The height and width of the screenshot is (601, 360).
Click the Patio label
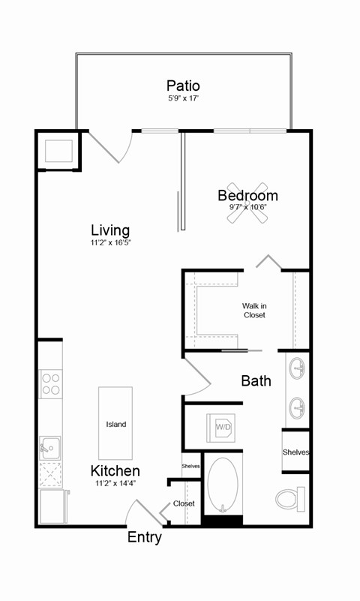pyautogui.click(x=183, y=86)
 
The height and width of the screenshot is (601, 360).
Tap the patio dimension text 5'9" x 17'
pyautogui.click(x=183, y=99)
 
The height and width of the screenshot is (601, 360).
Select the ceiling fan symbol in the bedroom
pyautogui.click(x=247, y=203)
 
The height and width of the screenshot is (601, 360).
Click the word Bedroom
pyautogui.click(x=247, y=196)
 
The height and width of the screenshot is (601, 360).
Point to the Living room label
pyautogui.click(x=110, y=230)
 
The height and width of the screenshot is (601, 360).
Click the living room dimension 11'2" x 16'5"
pyautogui.click(x=110, y=243)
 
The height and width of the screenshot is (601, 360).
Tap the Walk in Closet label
pyautogui.click(x=253, y=311)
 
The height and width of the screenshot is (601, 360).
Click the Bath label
pyautogui.click(x=256, y=381)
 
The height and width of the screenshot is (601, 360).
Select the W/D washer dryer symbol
pyautogui.click(x=223, y=428)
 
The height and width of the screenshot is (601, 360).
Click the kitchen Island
pyautogui.click(x=115, y=424)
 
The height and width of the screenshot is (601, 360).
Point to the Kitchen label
pyautogui.click(x=115, y=471)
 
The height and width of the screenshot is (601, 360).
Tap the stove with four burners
pyautogui.click(x=51, y=384)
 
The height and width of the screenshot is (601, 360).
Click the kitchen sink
pyautogui.click(x=49, y=449)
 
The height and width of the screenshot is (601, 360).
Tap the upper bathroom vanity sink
pyautogui.click(x=297, y=369)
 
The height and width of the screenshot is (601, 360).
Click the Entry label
pyautogui.click(x=144, y=537)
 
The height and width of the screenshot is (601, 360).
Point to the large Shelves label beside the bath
pyautogui.click(x=296, y=452)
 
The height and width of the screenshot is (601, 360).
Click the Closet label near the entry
pyautogui.click(x=184, y=503)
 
